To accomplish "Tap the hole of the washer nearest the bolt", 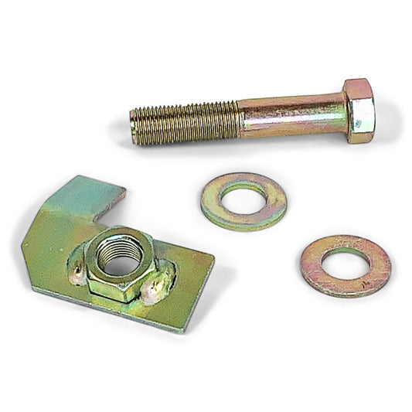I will [x=243, y=199].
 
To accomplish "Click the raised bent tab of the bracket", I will [x=85, y=197].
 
